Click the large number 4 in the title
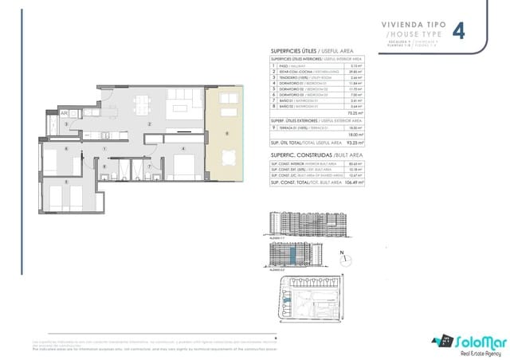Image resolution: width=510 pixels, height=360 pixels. tap(460, 31)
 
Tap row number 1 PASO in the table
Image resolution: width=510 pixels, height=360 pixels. tap(274, 66)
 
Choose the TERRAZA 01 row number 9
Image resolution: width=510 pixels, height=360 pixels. tap(274, 127)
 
